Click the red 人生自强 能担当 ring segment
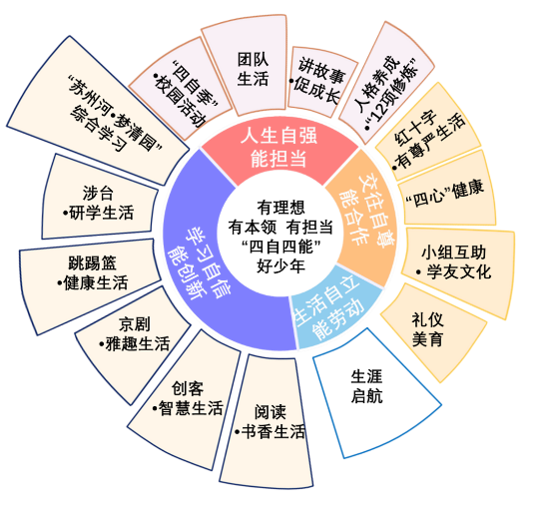(x=279, y=149)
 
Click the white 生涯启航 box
(x=371, y=393)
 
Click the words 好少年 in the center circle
(x=280, y=266)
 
